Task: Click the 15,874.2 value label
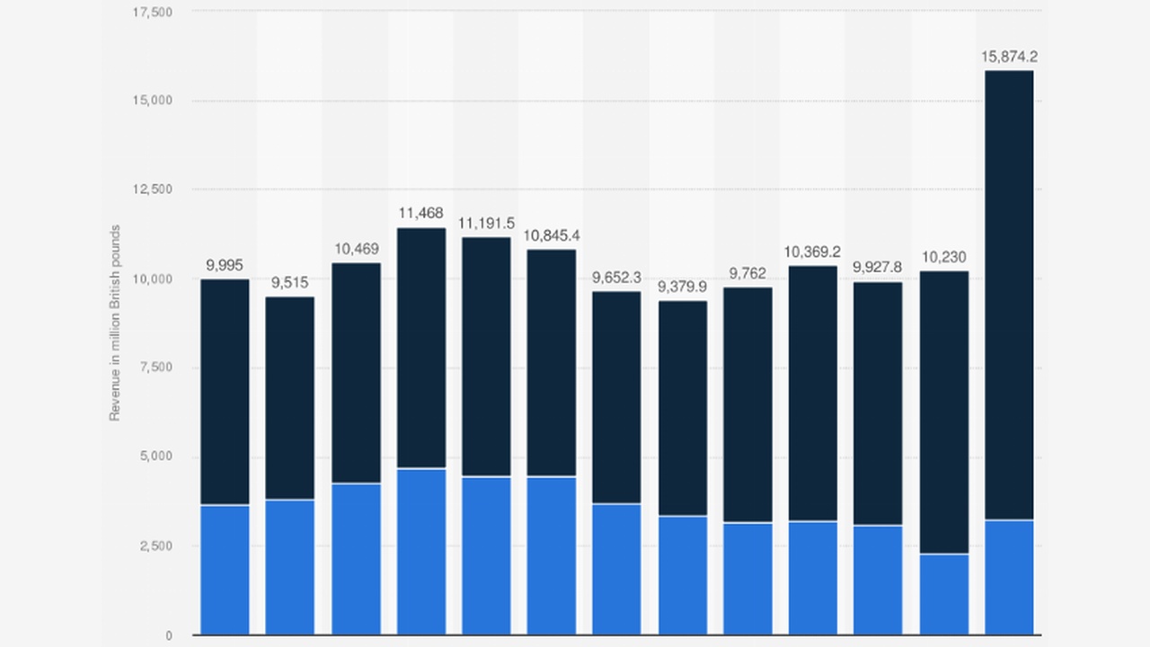[x=1009, y=57]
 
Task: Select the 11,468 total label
[x=420, y=213]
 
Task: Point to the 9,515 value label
[x=290, y=283]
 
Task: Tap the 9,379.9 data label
[x=682, y=287]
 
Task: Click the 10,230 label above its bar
[x=943, y=257]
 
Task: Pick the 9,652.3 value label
[x=616, y=277]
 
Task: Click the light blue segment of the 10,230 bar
[x=944, y=594]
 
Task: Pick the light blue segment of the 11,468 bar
[x=421, y=551]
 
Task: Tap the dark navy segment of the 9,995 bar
[x=225, y=392]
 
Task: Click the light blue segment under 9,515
[x=290, y=566]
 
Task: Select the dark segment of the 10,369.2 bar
[x=813, y=393]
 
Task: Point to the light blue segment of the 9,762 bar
[x=747, y=578]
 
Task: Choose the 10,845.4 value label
[x=552, y=235]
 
